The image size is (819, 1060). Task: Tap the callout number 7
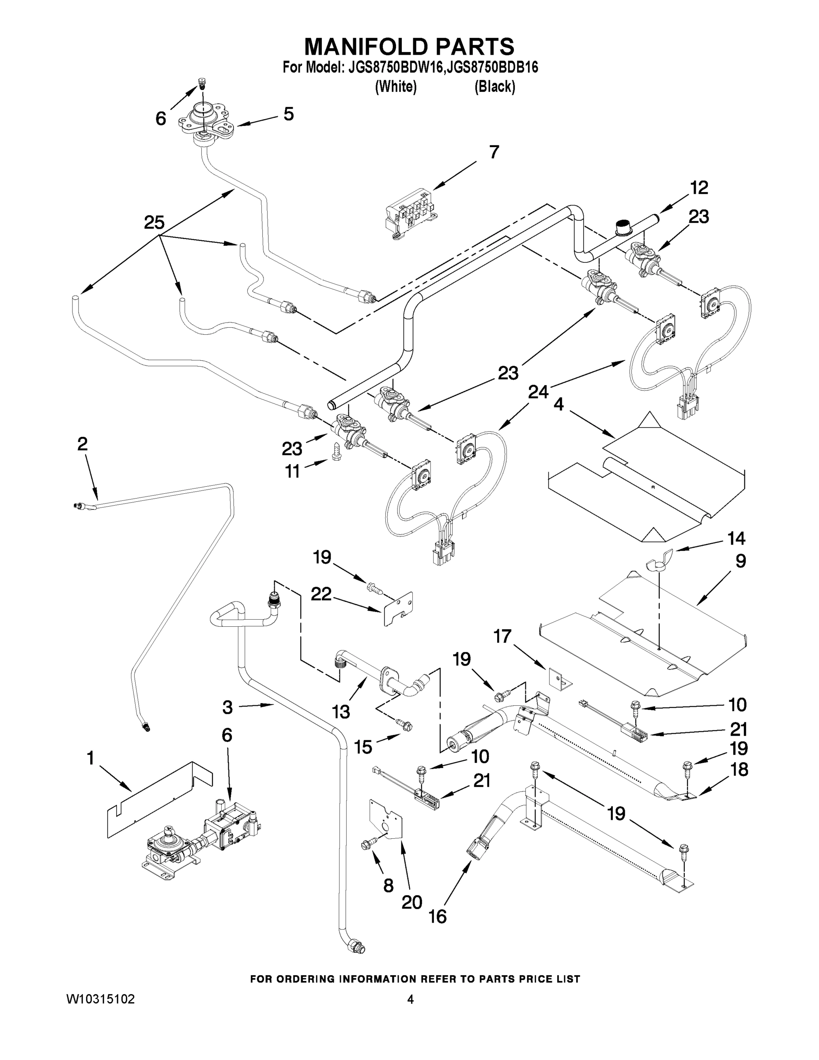click(x=494, y=152)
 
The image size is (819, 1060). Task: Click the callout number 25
click(x=154, y=223)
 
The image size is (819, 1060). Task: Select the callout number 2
click(x=83, y=443)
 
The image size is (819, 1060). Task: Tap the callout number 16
click(x=438, y=916)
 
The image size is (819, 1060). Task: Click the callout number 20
click(x=411, y=902)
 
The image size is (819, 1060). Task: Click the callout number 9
click(x=740, y=561)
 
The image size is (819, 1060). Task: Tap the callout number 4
click(x=559, y=404)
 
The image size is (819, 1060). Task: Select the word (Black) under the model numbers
click(x=494, y=87)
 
